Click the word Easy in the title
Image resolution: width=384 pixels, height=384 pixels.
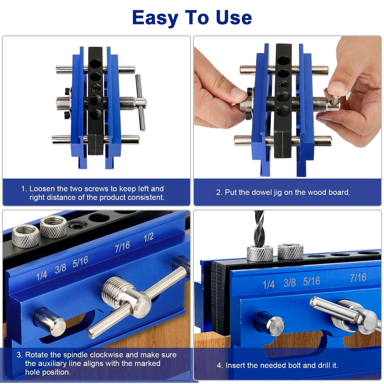pyautogui.click(x=155, y=18)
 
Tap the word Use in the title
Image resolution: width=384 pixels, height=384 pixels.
pyautogui.click(x=234, y=18)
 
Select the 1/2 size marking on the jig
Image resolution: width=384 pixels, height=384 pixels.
pyautogui.click(x=148, y=237)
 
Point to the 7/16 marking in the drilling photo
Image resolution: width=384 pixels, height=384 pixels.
pyautogui.click(x=358, y=278)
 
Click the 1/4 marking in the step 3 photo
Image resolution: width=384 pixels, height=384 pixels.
pyautogui.click(x=41, y=275)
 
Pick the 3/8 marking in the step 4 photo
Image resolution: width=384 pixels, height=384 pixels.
pyautogui.click(x=289, y=282)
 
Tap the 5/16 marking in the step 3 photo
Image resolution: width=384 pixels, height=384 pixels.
pyautogui.click(x=80, y=262)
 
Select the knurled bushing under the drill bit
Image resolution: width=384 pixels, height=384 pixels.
pyautogui.click(x=260, y=253)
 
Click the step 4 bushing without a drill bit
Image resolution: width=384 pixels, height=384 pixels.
pyautogui.click(x=290, y=251)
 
